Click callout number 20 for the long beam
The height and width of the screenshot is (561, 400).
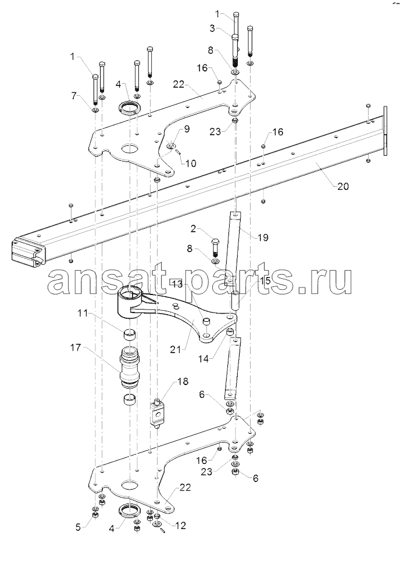click(x=342, y=186)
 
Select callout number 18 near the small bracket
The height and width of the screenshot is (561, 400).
click(x=183, y=382)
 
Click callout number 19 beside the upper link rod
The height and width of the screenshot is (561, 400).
click(x=262, y=237)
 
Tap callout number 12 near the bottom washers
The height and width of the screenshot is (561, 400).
click(x=180, y=526)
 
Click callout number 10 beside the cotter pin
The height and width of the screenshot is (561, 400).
click(x=191, y=164)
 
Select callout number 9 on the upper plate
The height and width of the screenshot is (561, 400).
click(x=187, y=128)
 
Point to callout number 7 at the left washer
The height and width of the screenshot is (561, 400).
click(x=73, y=95)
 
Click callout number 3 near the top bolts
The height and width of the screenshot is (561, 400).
click(x=212, y=28)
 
